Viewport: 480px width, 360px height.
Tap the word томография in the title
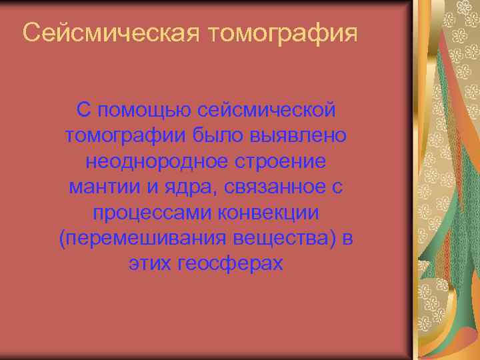pos(283,33)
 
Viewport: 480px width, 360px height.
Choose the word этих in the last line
pos(148,265)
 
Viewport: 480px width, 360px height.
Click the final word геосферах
pos(231,265)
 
